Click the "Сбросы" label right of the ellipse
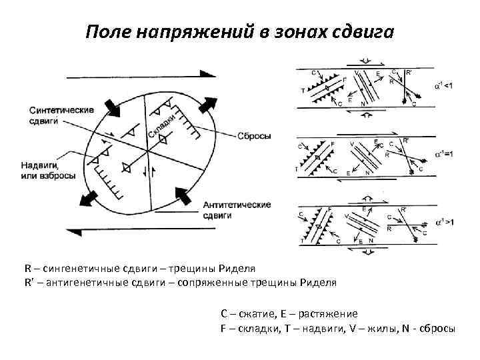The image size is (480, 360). [254, 136]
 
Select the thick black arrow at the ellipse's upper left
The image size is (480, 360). [108, 108]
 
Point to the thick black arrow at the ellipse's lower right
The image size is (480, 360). [182, 195]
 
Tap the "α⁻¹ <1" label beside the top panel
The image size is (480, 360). [445, 84]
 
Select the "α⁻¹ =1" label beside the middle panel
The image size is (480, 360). [445, 154]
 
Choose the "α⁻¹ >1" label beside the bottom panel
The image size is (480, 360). [445, 222]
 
